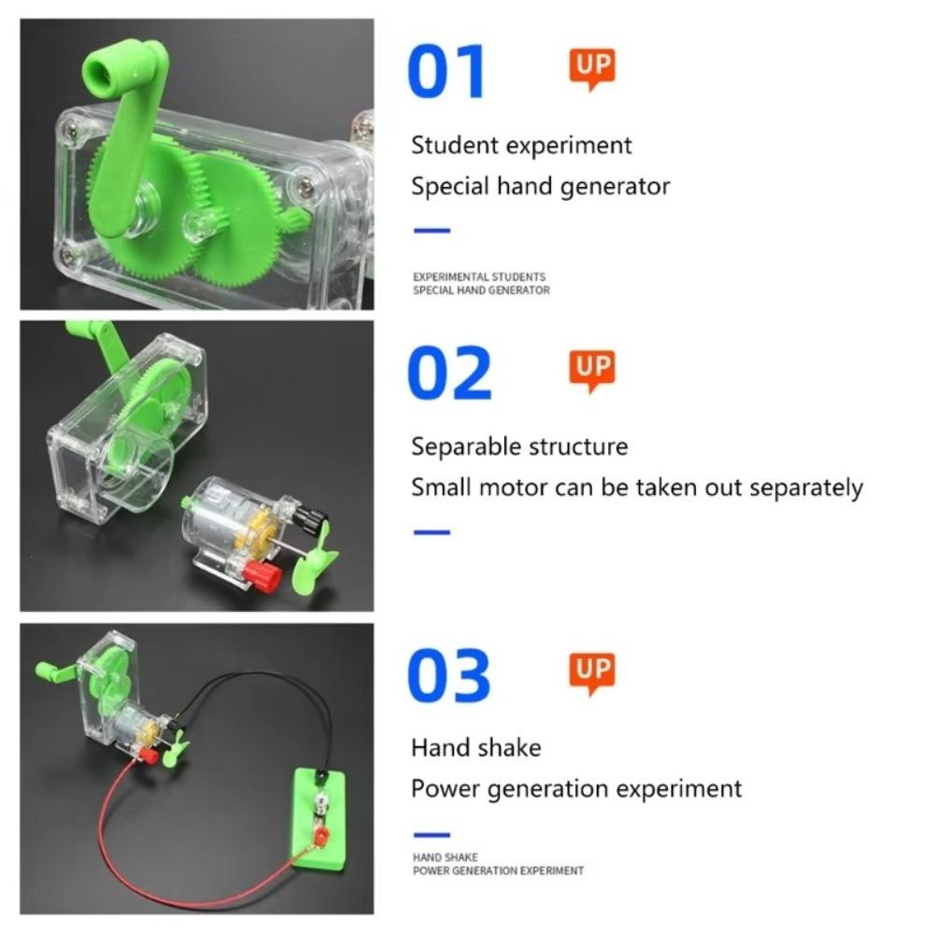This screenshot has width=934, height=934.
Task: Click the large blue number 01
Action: click(x=446, y=72)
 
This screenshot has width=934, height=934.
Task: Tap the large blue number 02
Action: click(x=449, y=373)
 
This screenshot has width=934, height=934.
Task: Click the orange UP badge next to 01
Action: click(x=592, y=68)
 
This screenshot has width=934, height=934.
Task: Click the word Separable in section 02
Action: click(x=466, y=446)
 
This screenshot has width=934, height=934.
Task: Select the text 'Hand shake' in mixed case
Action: click(x=475, y=747)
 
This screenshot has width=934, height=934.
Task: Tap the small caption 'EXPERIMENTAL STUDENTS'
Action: click(x=479, y=277)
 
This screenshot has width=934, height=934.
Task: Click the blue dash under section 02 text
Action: click(x=432, y=532)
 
